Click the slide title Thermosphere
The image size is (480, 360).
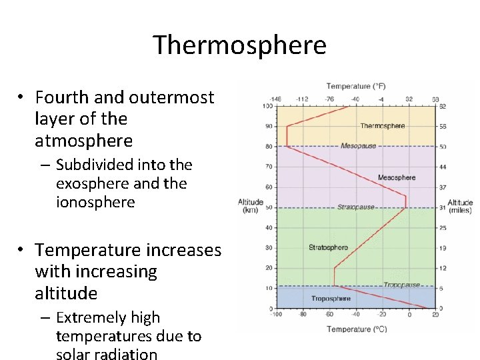[239, 45]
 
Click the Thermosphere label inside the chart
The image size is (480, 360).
[382, 125]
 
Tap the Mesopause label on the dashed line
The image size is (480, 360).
[358, 146]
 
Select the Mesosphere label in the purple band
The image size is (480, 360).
[396, 177]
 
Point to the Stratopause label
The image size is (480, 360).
[355, 207]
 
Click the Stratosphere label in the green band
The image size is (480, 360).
[328, 247]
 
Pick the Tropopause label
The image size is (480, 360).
[401, 285]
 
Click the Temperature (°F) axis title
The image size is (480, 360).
[356, 86]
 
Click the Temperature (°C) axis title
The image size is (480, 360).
[356, 329]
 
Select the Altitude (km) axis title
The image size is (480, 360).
[251, 206]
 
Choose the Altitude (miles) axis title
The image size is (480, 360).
[460, 207]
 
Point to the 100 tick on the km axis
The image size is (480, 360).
[267, 106]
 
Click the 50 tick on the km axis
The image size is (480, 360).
[269, 207]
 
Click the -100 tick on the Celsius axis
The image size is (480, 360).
[277, 315]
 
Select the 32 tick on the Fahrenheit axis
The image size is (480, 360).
[409, 99]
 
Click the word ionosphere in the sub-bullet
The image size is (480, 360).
[95, 202]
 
